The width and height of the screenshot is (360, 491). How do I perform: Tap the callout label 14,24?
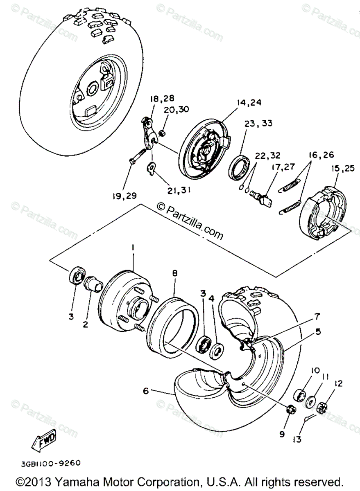(x=249, y=103)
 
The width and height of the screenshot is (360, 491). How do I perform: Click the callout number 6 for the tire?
(x=146, y=391)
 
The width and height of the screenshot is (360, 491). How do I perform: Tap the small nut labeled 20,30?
(x=162, y=133)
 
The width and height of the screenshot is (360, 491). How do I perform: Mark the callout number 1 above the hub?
(x=133, y=247)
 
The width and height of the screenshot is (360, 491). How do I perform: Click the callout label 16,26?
(x=322, y=155)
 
